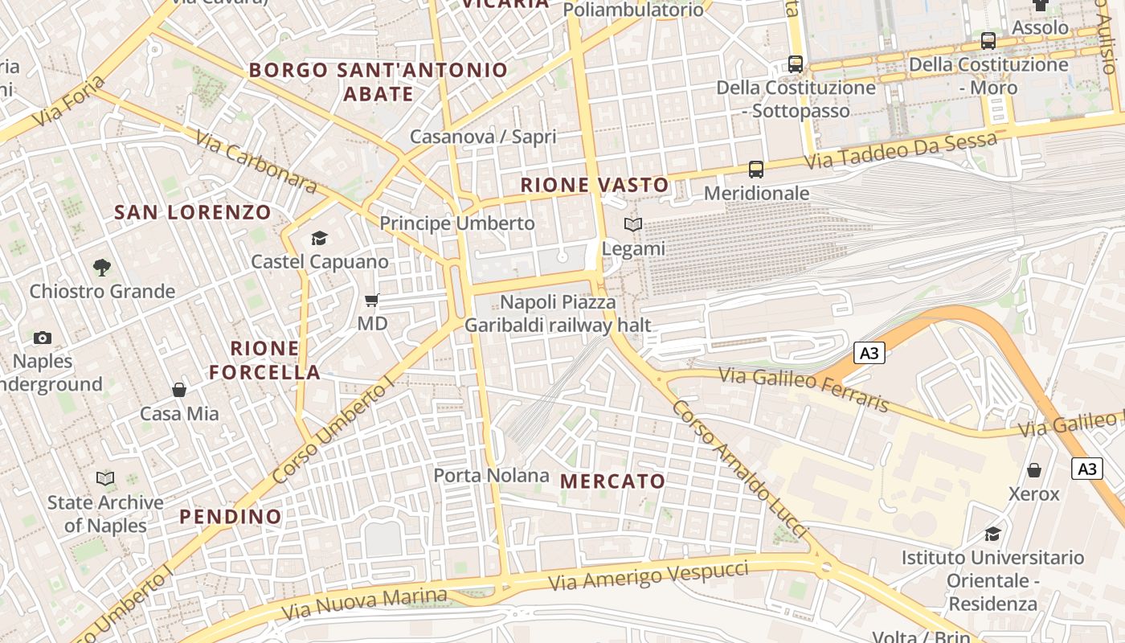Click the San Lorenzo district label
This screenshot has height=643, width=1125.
[193, 212]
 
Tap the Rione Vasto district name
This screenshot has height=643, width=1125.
[594, 185]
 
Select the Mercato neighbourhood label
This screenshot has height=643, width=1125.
[612, 481]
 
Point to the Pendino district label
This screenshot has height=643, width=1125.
[231, 517]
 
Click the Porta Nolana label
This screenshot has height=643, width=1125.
[491, 475]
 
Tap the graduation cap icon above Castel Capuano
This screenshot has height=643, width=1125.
[319, 238]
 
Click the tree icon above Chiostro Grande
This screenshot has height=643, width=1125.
[101, 267]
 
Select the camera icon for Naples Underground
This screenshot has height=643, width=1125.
[43, 338]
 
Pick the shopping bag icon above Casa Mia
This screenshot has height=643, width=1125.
[179, 390]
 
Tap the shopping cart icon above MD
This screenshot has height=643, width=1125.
[371, 301]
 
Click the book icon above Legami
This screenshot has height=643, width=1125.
[633, 225]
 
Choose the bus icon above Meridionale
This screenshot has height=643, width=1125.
[756, 169]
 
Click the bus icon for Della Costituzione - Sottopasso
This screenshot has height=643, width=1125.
[796, 63]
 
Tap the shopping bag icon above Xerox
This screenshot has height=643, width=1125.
[1034, 469]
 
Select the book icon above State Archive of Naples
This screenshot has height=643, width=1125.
[104, 478]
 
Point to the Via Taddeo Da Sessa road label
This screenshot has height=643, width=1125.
[900, 150]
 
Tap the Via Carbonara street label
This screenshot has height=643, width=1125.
[256, 161]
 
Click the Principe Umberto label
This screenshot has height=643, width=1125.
[456, 223]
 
